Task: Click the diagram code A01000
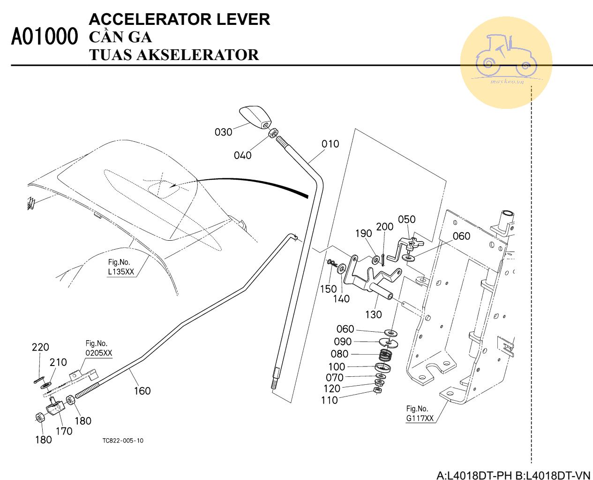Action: [44, 37]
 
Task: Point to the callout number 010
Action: [330, 144]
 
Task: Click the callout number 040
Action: [242, 155]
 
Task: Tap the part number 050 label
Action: [406, 219]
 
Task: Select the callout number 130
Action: [373, 314]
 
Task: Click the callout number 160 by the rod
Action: [142, 391]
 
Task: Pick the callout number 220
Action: [40, 347]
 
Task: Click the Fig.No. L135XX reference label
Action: [121, 267]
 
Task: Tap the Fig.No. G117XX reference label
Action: [420, 413]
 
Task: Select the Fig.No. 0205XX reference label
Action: [98, 349]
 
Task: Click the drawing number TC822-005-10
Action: [123, 441]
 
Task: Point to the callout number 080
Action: [339, 354]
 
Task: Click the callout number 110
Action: [329, 400]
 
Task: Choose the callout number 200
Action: [384, 227]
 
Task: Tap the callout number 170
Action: [64, 431]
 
